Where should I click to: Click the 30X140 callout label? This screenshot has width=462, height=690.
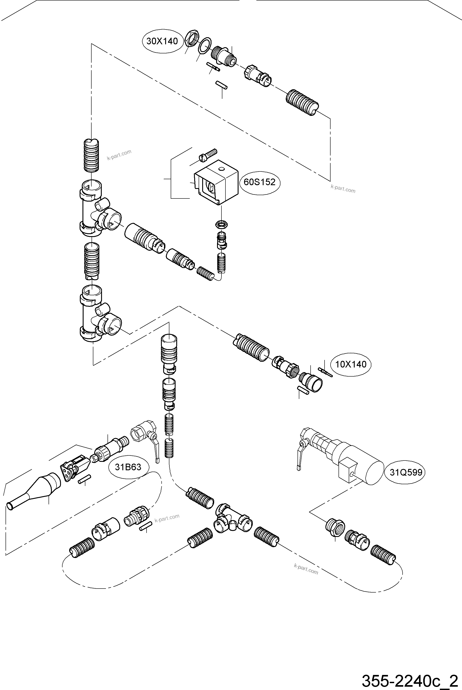[162, 41]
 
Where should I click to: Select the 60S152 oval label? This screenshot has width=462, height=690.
[260, 182]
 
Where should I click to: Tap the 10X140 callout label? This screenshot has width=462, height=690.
[351, 364]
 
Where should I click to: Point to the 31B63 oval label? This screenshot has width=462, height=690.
[128, 467]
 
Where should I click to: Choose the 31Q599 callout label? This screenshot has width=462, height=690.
[406, 472]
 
